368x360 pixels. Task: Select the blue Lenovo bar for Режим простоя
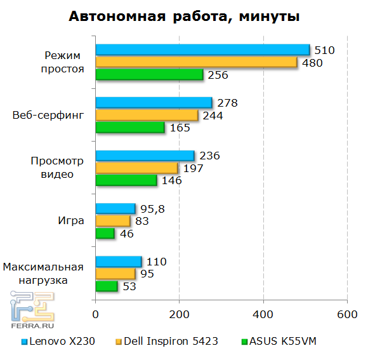[x=202, y=50]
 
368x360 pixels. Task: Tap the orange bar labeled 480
[x=196, y=62]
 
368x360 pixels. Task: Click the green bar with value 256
[x=149, y=75]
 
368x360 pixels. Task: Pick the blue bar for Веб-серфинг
[x=154, y=103]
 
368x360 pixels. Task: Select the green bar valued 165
[x=130, y=128]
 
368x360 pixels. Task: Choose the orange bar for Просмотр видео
[x=136, y=168]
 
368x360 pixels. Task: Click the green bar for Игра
[x=105, y=234]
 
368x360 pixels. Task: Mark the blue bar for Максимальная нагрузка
[x=118, y=262]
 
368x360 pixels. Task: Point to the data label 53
[x=130, y=286]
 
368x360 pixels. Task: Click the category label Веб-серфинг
[x=48, y=116]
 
